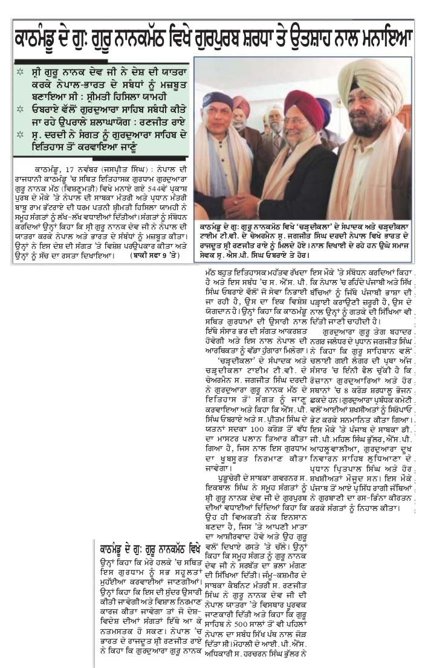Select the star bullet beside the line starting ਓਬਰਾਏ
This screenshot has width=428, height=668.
click(20, 113)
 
